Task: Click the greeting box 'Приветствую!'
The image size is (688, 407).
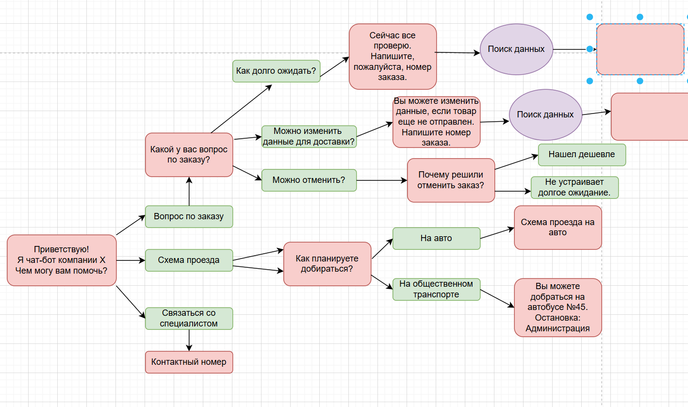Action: point(62,260)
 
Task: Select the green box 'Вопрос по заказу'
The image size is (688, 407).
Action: point(189,216)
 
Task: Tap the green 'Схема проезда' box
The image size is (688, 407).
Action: point(189,260)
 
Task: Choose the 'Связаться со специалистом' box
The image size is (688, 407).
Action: point(189,318)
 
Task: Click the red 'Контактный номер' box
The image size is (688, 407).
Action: point(189,362)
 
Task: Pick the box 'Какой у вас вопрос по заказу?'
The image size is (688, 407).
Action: point(189,155)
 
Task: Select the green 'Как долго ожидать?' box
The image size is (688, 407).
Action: point(276,71)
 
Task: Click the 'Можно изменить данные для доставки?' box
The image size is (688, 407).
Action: point(309,137)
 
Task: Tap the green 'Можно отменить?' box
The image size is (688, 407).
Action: point(309,180)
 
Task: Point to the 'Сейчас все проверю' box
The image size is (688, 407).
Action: point(393,56)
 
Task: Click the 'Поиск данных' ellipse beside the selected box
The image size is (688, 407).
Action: point(516,49)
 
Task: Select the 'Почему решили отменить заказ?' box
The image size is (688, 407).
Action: point(451,180)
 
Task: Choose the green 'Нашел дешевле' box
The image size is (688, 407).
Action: point(582,155)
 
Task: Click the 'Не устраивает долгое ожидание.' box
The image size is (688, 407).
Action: point(574,187)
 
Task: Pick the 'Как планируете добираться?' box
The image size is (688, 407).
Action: point(327,263)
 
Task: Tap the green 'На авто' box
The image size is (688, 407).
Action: point(436,238)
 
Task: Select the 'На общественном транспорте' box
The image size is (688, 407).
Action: point(436,289)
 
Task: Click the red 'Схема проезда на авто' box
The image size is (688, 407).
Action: point(557,228)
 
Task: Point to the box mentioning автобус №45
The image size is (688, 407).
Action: point(557,307)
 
